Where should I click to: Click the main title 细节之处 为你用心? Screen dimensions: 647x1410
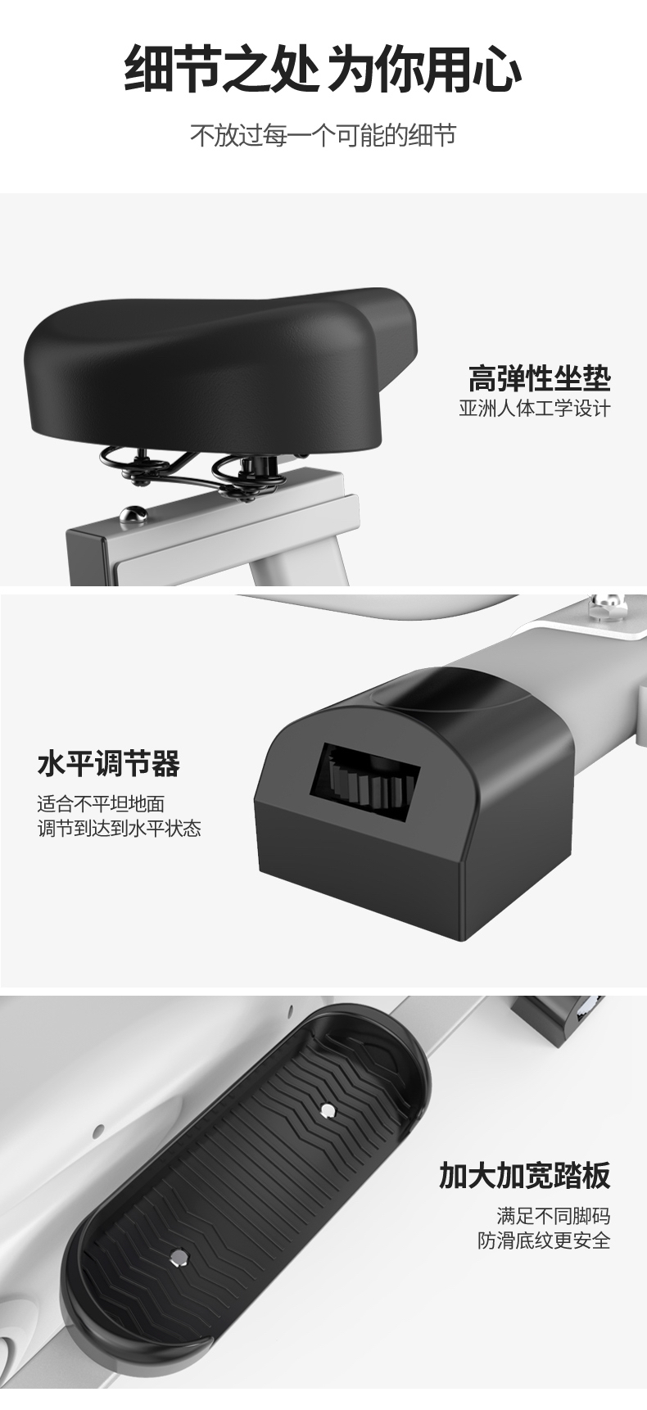click(x=323, y=69)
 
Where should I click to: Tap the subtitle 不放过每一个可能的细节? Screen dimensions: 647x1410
click(x=323, y=135)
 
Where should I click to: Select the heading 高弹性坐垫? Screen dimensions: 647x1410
click(x=540, y=378)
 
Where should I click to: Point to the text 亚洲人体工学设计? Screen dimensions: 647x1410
click(x=535, y=409)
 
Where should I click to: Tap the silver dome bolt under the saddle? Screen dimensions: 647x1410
click(x=132, y=515)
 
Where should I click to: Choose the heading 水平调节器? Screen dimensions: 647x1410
click(x=108, y=764)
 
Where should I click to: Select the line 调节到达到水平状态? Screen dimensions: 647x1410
click(x=119, y=829)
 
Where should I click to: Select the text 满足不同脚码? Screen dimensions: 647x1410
click(x=554, y=1216)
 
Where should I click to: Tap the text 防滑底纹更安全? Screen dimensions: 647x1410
click(x=545, y=1241)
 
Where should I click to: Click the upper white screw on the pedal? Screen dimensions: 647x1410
click(x=328, y=1111)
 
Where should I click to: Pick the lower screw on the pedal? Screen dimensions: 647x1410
click(x=179, y=1255)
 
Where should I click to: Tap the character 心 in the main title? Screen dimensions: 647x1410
click(x=497, y=69)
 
